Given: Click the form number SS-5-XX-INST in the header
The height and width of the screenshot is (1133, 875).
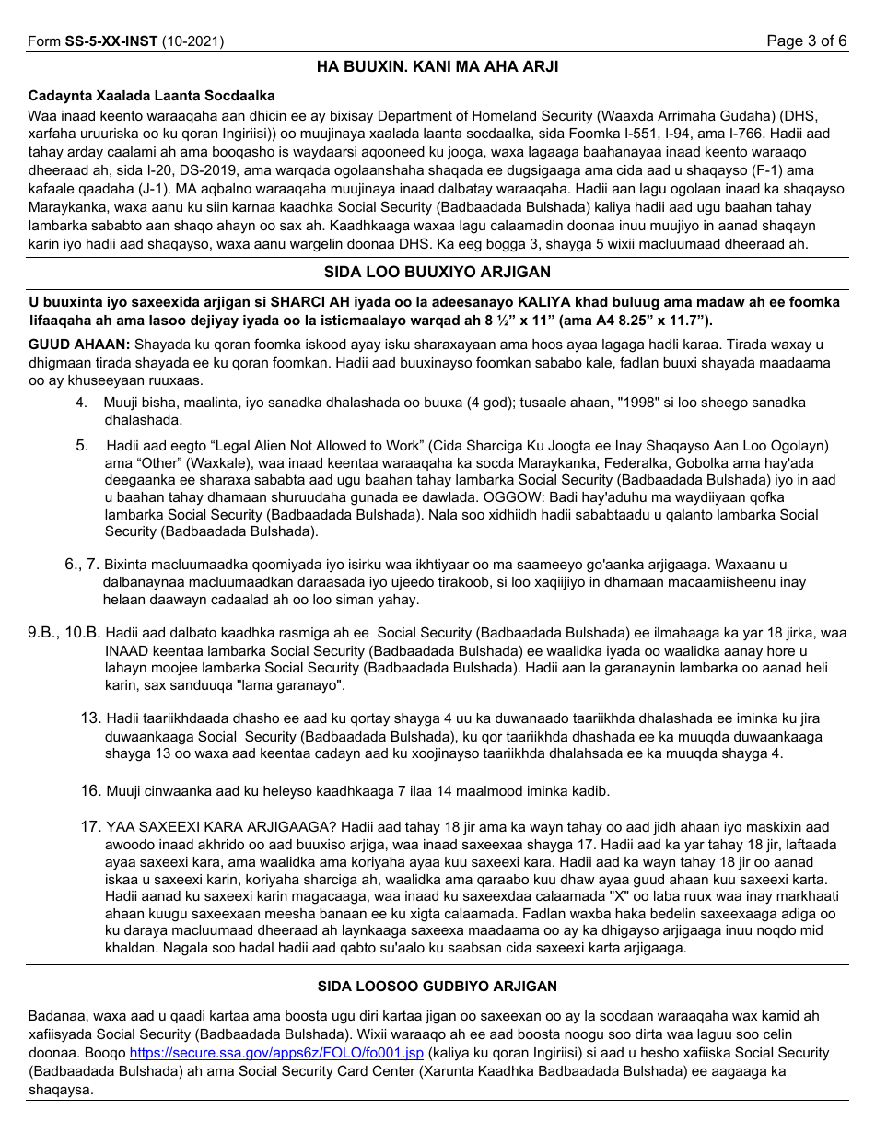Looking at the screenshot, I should [111, 41].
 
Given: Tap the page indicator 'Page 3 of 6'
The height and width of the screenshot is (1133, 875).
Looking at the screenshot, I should [807, 41].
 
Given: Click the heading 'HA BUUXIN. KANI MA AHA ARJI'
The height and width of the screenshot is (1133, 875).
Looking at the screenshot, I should [437, 66].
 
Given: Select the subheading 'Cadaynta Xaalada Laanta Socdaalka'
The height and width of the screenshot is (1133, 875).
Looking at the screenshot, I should [151, 96].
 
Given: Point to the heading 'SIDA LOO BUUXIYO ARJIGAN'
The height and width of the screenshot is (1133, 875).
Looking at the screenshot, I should [437, 272].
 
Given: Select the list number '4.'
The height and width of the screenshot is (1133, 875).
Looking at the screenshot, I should [82, 403].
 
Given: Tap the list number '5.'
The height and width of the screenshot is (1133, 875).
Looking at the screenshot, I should [82, 445].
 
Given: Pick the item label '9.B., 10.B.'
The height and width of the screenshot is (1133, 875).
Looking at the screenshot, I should [64, 633].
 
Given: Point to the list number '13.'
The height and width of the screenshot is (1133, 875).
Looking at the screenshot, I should [90, 718].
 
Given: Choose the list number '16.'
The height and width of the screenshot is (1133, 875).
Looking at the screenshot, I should [90, 790].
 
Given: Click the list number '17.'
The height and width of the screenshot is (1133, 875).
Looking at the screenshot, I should [90, 826].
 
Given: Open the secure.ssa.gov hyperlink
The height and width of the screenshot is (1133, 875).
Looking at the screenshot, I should [276, 1053].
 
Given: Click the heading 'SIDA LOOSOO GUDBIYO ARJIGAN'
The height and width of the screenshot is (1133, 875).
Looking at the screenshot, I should [437, 987].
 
